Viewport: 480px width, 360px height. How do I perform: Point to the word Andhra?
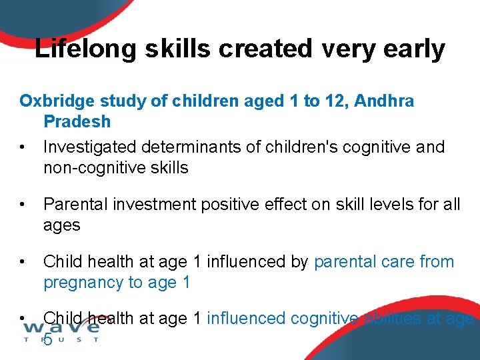point(384,101)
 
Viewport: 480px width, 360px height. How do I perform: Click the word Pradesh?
point(77,122)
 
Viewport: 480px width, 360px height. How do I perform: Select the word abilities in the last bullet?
point(395,319)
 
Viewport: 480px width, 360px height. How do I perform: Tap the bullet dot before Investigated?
point(23,147)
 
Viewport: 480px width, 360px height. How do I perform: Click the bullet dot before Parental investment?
point(23,205)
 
